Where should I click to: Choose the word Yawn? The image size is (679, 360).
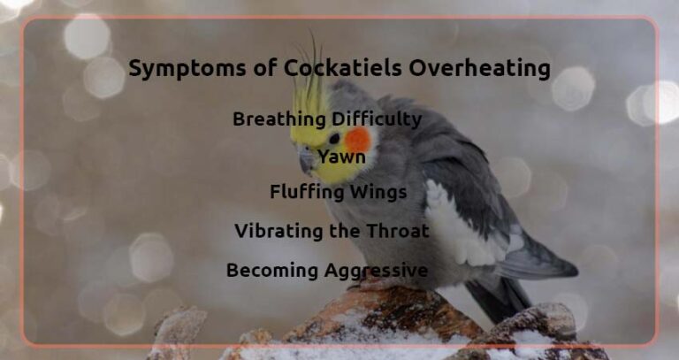341,157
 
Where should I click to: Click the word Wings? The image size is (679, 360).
378,192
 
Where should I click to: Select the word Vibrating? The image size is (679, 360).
276,232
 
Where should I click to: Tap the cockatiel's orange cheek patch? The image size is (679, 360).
357,139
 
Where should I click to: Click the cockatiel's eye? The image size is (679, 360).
334,138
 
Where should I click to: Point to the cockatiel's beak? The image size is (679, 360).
306,159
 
